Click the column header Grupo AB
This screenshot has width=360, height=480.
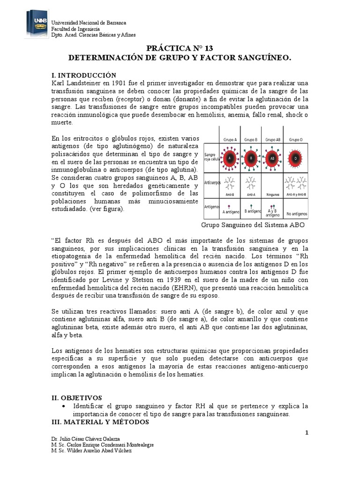click(273, 139)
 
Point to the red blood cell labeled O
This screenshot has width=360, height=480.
click(295, 158)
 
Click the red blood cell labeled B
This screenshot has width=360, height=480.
click(251, 158)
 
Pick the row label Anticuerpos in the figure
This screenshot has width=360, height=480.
click(213, 183)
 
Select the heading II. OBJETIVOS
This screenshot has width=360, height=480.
click(76, 397)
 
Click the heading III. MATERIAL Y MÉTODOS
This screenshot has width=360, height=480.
click(100, 422)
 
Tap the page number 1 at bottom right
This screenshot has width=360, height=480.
click(307, 432)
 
